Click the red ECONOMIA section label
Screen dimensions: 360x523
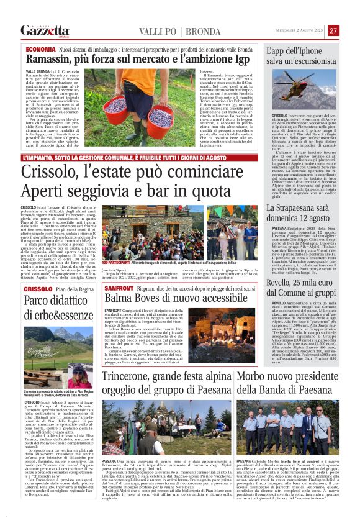click(x=40, y=48)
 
